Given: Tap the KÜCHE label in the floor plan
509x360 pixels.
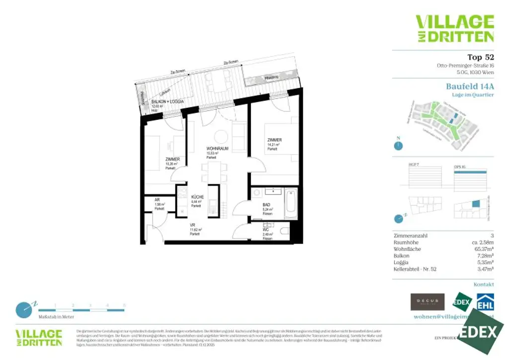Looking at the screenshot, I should click(x=197, y=197).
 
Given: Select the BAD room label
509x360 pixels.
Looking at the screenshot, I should click(x=266, y=205).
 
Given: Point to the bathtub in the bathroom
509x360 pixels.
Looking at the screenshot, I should click(x=290, y=203).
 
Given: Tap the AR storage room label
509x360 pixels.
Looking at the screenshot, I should click(x=156, y=199).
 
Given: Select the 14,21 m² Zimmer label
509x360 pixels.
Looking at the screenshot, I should click(x=274, y=141).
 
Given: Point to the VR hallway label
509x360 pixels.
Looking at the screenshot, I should click(x=192, y=225).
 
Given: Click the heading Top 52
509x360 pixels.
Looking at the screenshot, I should click(x=480, y=57).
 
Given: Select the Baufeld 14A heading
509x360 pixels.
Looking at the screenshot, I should click(x=470, y=86).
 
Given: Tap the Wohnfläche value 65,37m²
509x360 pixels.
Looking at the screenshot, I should click(x=483, y=249).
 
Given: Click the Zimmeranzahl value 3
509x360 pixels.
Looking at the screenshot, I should click(x=492, y=236).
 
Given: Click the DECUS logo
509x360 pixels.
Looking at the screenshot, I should click(x=427, y=301).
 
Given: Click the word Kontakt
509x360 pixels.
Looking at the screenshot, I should click(x=484, y=285).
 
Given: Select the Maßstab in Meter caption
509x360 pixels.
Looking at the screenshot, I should click(x=56, y=317).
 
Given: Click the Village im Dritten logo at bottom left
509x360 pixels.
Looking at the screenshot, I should click(x=39, y=337).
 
